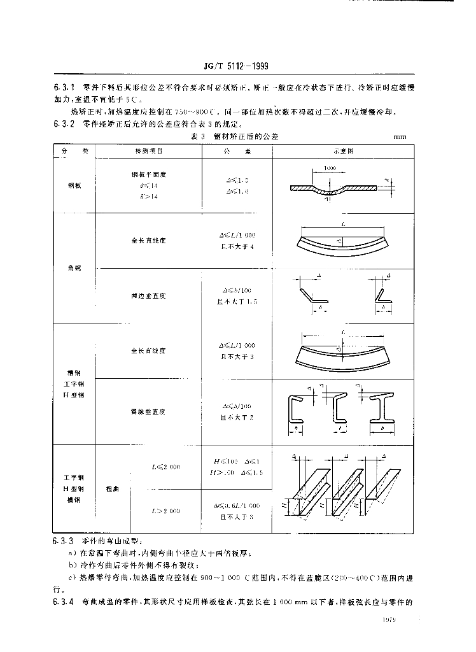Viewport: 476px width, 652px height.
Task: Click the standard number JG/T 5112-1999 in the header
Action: [x=228, y=65]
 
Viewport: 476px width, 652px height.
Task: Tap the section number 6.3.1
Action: [x=64, y=86]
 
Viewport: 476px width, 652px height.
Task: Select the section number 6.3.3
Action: [x=64, y=541]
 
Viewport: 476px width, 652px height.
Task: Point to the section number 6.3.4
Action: [x=64, y=600]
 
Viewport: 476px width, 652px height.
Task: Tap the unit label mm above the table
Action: [x=400, y=136]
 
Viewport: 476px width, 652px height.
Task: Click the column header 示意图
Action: [x=344, y=151]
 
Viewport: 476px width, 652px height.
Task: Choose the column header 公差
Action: [x=237, y=151]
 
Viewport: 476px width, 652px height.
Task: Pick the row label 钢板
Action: [x=75, y=185]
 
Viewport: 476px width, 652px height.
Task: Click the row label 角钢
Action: [x=75, y=267]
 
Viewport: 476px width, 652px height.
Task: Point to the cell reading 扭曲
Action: [x=112, y=489]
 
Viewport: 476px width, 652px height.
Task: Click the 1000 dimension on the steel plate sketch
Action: [x=329, y=168]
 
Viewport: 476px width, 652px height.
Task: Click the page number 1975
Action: [x=389, y=620]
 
